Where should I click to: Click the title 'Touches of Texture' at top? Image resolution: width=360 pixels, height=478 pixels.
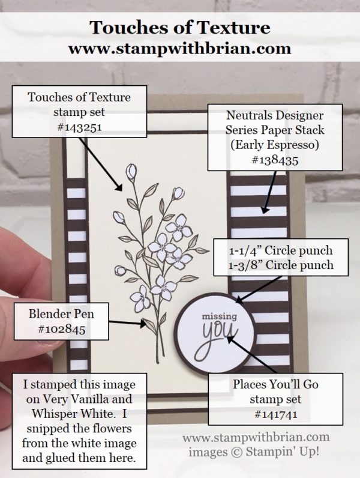pyautogui.click(x=179, y=27)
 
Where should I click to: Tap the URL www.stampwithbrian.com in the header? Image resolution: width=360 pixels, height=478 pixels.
pyautogui.click(x=179, y=46)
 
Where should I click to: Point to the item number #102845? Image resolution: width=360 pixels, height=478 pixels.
pyautogui.click(x=59, y=329)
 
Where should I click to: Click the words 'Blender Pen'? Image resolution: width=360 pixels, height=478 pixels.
pyautogui.click(x=59, y=313)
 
